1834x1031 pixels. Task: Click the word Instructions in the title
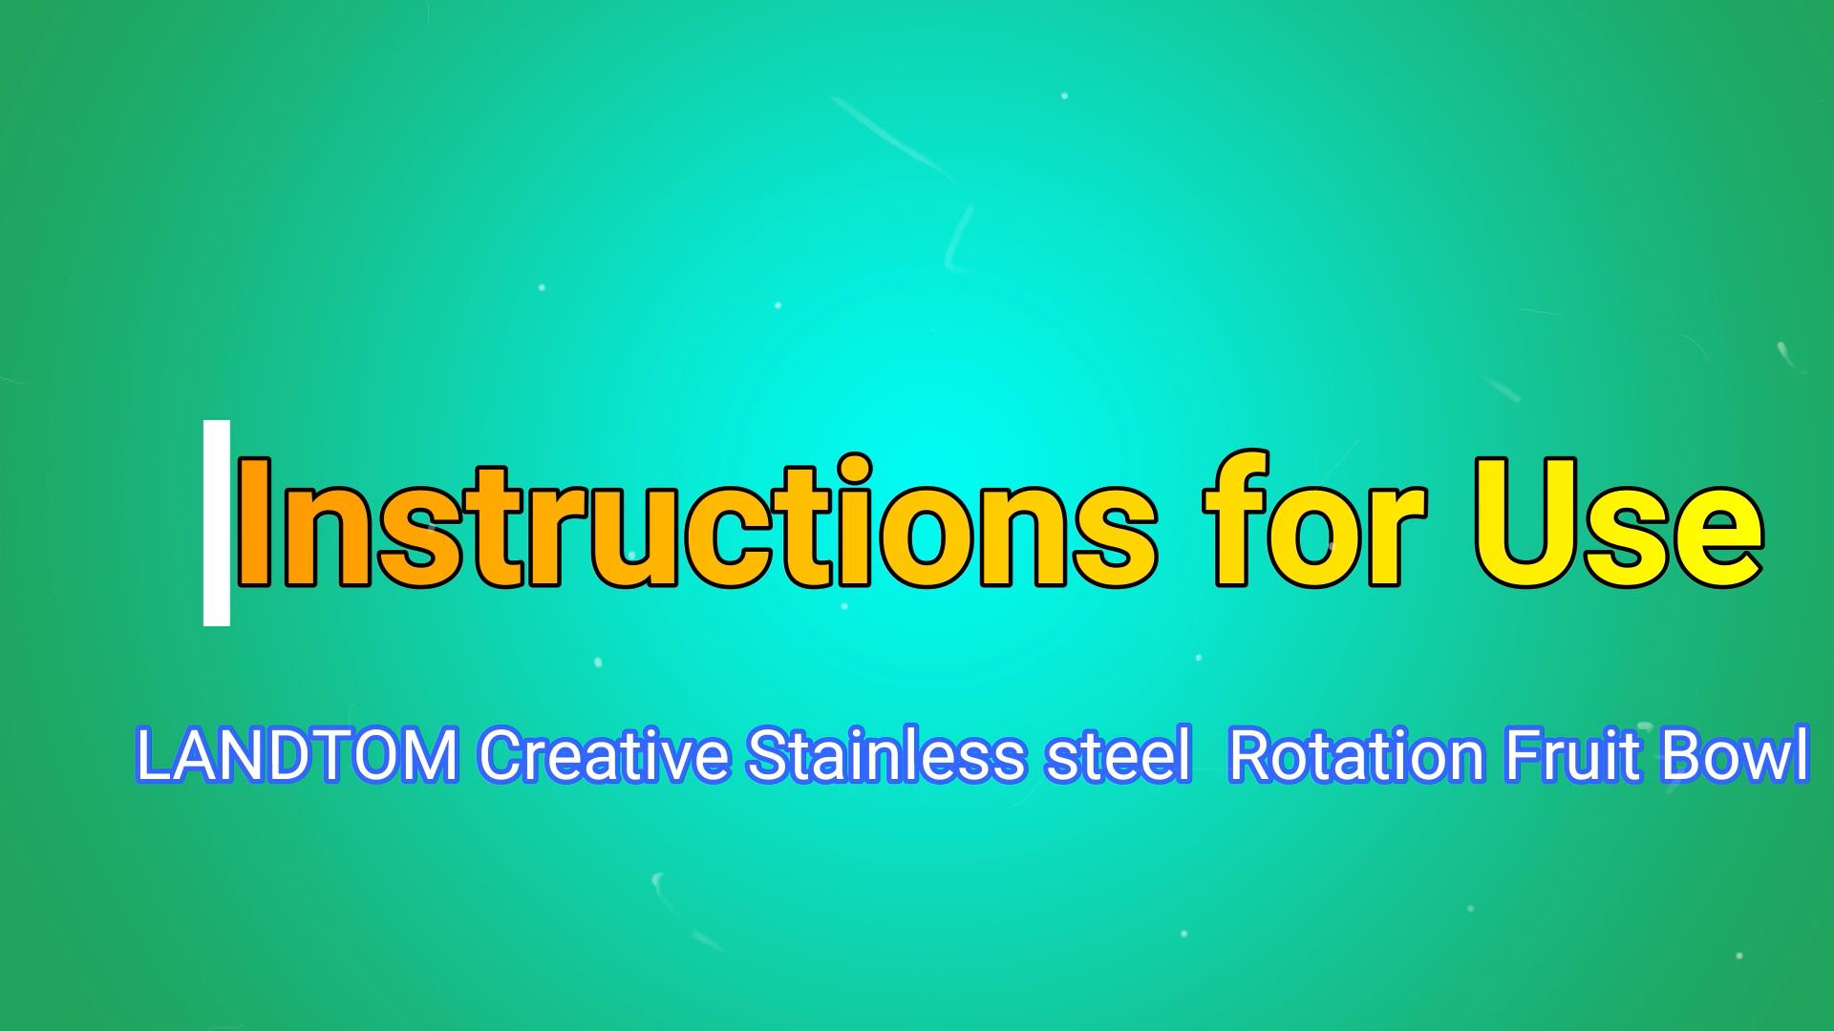(x=697, y=522)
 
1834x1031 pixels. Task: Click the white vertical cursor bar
(x=217, y=522)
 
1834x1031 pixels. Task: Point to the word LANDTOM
(x=297, y=755)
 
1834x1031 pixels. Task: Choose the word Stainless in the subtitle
(x=885, y=755)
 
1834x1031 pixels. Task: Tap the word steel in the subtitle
(x=1119, y=755)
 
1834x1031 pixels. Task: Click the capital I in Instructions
(x=256, y=522)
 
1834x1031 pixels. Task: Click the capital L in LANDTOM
(x=153, y=755)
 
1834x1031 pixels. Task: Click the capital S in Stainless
(x=770, y=755)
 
